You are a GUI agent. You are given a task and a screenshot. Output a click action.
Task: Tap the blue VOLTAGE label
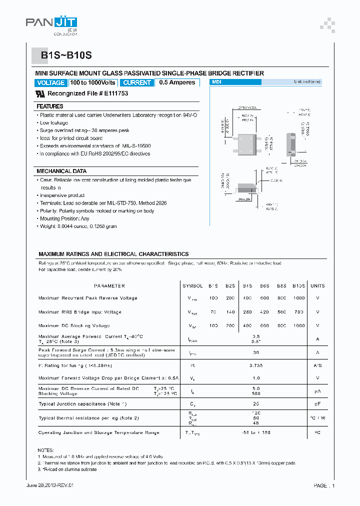coord(50,83)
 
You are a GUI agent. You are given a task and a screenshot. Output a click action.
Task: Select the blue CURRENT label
coord(137,83)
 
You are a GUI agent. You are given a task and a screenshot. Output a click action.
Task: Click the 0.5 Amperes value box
coord(177,83)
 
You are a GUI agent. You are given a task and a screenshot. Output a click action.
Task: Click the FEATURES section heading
coord(50,106)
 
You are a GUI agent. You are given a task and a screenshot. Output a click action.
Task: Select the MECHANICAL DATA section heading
coord(61,171)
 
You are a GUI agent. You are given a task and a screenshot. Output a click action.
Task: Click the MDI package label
coord(216,82)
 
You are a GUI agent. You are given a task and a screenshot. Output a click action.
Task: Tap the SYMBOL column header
coord(192,286)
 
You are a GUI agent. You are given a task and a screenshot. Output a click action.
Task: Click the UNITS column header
coord(317,286)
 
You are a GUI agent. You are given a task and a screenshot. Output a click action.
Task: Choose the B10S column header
coord(298,286)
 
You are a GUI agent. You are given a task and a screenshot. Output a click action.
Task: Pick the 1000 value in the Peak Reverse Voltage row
coord(298,298)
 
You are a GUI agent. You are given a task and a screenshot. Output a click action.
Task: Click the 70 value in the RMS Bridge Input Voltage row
coord(213,312)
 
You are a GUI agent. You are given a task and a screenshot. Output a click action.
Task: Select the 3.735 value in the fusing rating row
coord(256,366)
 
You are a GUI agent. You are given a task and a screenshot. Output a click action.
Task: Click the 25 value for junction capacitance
coord(256,403)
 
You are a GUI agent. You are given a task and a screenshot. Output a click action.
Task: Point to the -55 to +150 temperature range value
coord(256,432)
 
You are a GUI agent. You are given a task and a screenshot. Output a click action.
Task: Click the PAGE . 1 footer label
coord(324,485)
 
